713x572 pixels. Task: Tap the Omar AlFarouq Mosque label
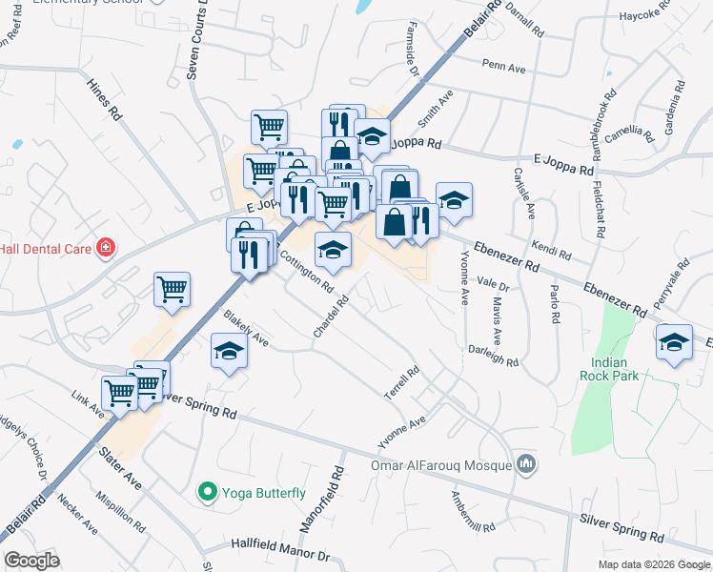(x=440, y=466)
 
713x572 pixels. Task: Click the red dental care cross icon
(x=105, y=249)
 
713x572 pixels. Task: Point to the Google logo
(x=31, y=561)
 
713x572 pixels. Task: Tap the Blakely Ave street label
(x=246, y=328)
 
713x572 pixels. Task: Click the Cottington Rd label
(x=306, y=271)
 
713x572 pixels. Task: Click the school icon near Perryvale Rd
(x=674, y=342)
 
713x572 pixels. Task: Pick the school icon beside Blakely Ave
(x=229, y=353)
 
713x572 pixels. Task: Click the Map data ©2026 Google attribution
(x=654, y=564)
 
